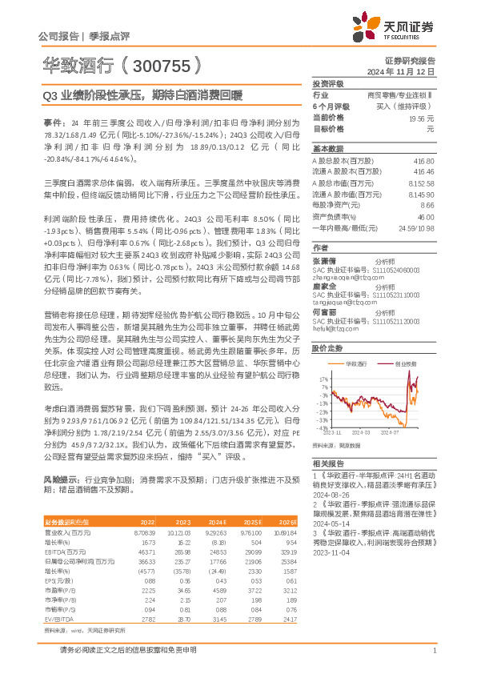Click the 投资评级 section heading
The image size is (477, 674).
[327, 83]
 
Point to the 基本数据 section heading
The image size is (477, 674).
[327, 150]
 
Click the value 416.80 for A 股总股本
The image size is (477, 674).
[424, 162]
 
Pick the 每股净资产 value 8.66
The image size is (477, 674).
[427, 205]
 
